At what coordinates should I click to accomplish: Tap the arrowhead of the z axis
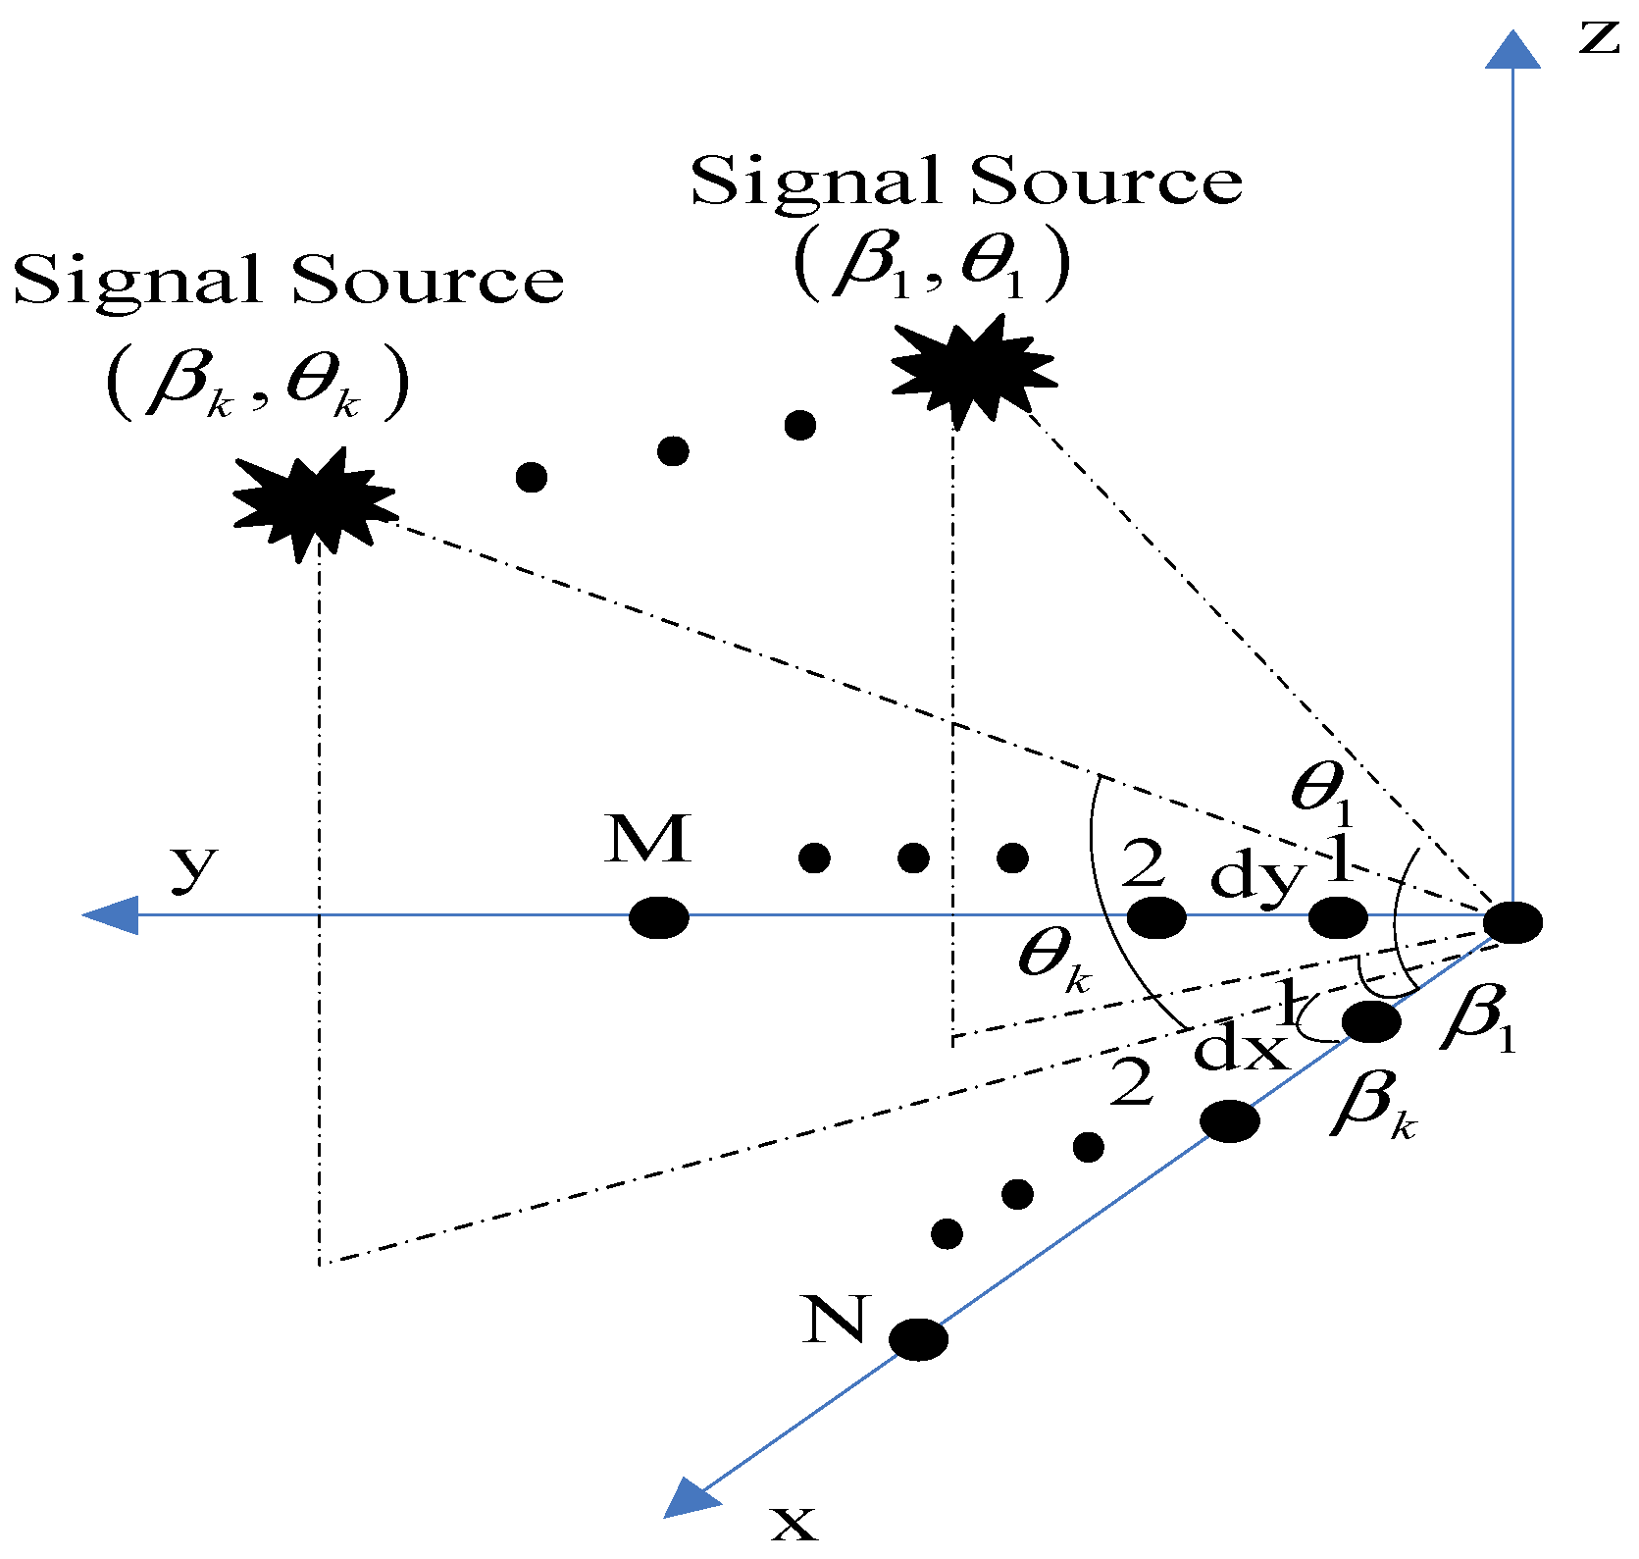[x=1512, y=51]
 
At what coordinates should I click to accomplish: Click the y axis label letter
[x=193, y=867]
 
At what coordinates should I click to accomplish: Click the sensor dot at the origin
[x=1511, y=922]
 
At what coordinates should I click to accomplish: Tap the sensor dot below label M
[x=658, y=917]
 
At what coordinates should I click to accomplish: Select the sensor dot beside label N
[x=918, y=1338]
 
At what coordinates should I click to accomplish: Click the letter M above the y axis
[x=648, y=840]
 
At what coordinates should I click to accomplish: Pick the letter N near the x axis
[x=835, y=1320]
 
